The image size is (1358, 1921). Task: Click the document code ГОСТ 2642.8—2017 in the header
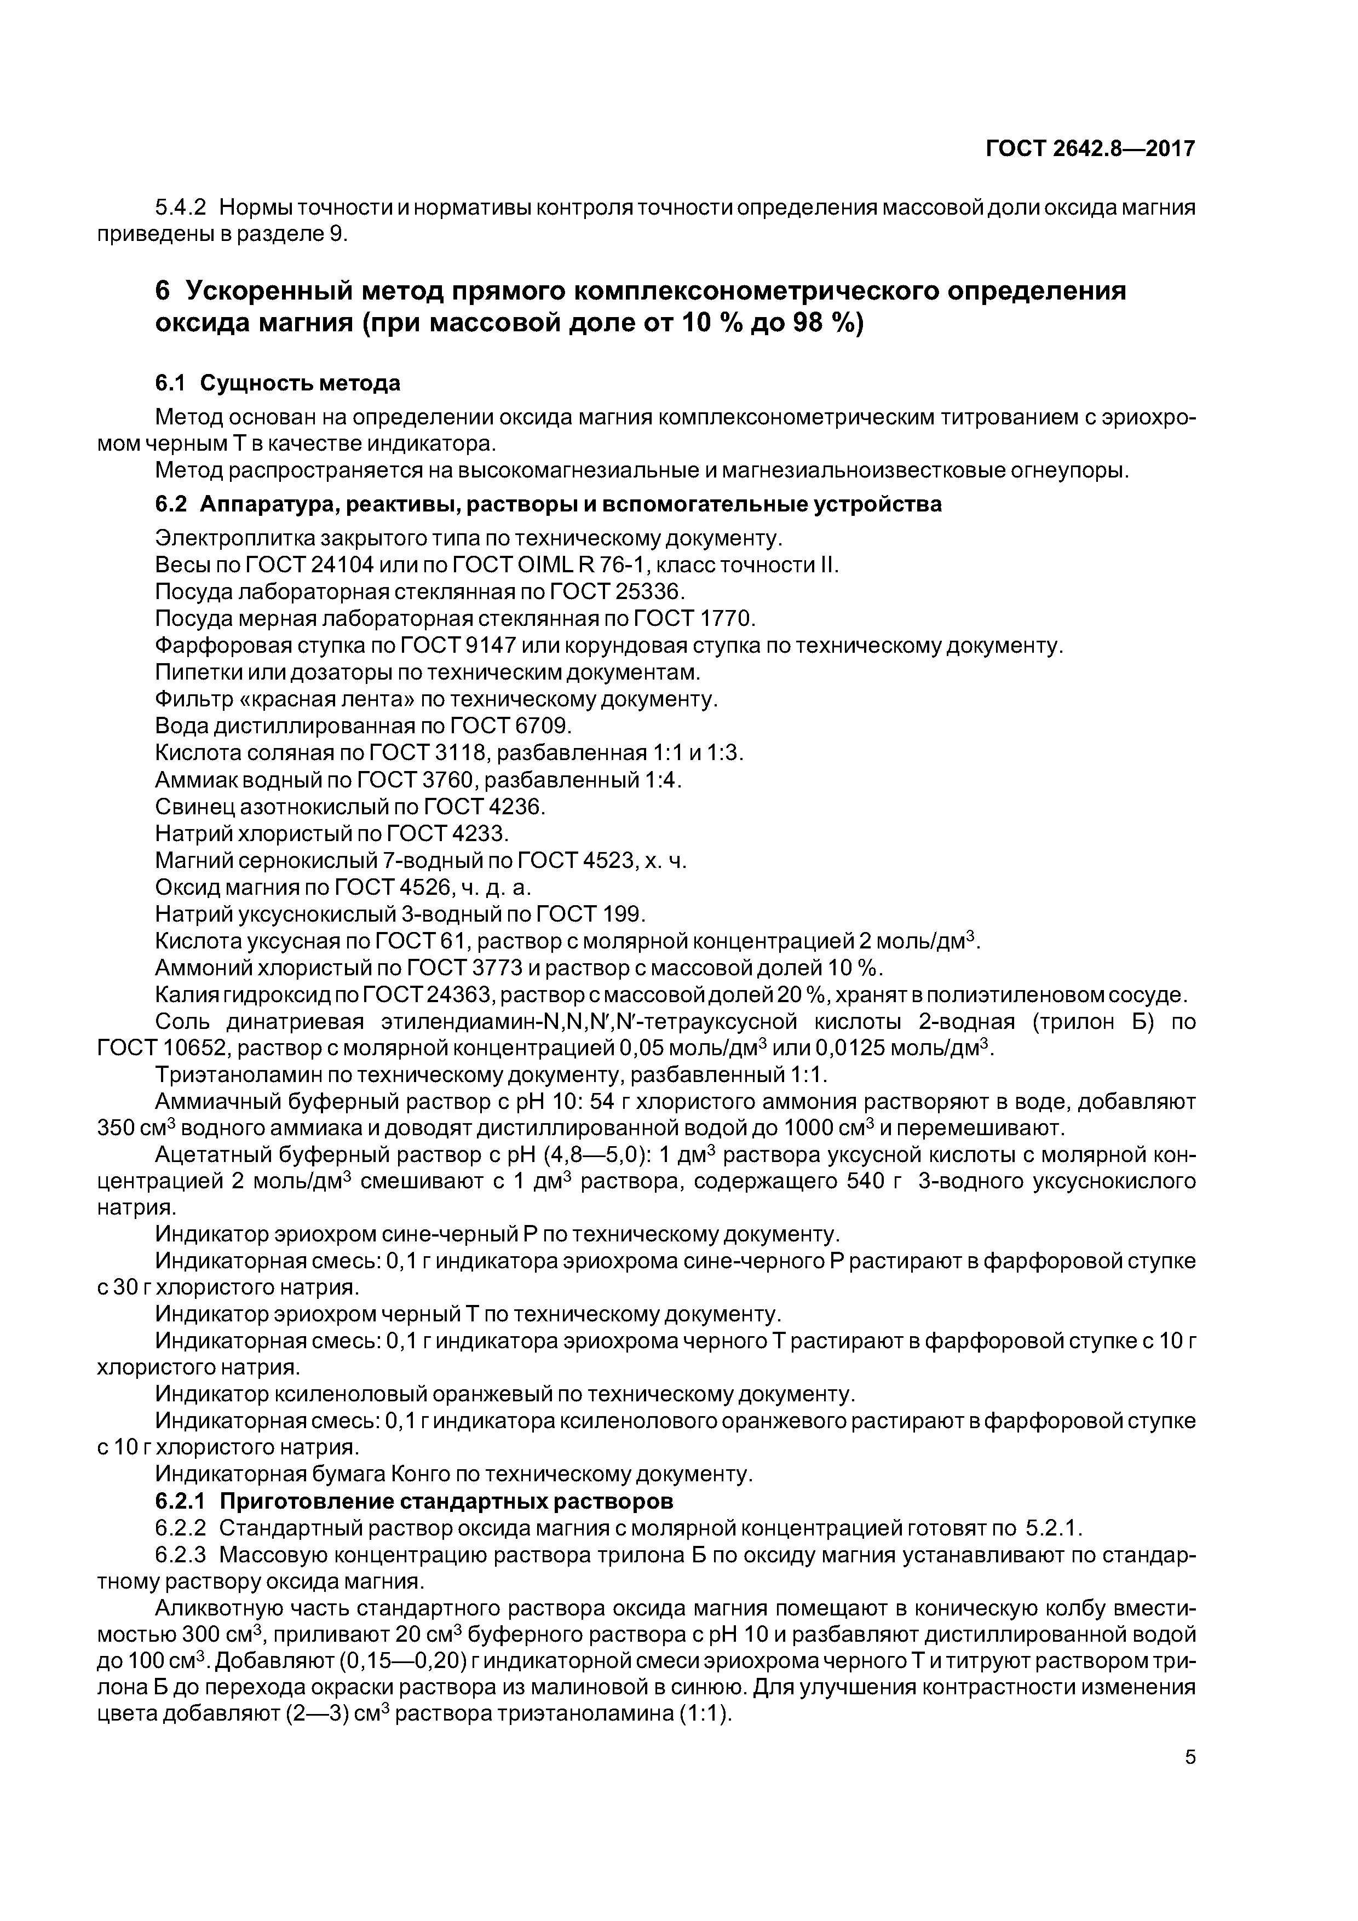(1090, 149)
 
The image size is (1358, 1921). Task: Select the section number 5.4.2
(181, 208)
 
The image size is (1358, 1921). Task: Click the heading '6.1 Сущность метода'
(278, 383)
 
